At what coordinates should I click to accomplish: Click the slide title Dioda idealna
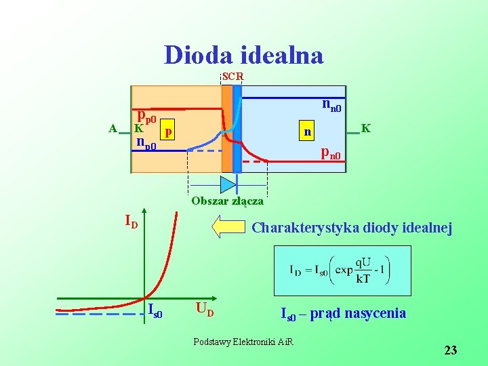coord(243,55)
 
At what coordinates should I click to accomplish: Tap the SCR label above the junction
coord(232,77)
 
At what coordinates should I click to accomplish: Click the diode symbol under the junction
coord(227,184)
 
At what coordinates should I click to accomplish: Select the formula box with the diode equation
coord(342,270)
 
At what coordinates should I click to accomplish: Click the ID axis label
coord(131,221)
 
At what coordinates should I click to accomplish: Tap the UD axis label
coord(205,311)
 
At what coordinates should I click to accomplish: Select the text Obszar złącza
coord(227,201)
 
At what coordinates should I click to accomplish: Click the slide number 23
coord(451,350)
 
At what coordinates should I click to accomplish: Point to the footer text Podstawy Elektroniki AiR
coord(243,342)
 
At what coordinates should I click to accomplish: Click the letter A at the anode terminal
coord(113,128)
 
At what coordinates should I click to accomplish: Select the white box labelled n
coord(308,130)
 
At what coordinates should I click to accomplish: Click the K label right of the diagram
coord(365,127)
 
